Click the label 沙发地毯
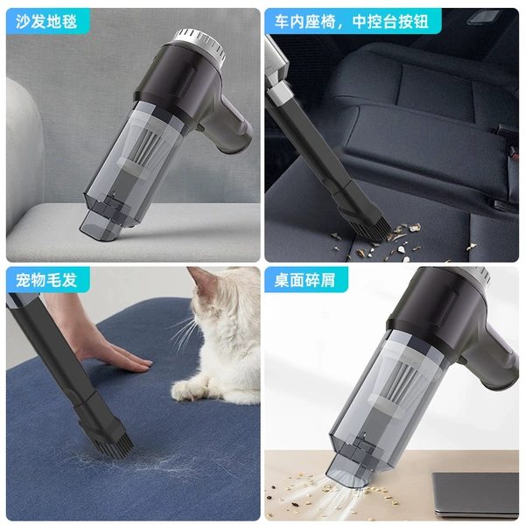click(x=46, y=21)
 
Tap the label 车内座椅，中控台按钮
click(x=351, y=21)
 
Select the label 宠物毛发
click(x=46, y=280)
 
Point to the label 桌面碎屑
click(x=304, y=280)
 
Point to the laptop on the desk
click(x=475, y=493)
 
